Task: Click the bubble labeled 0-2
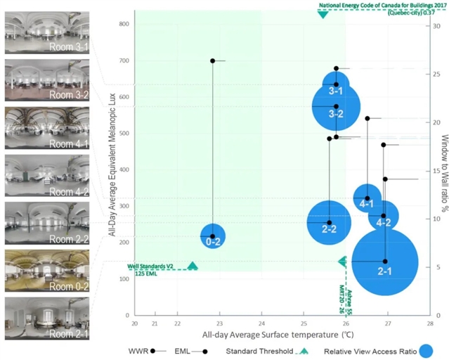click(213, 240)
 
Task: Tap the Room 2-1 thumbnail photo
click(47, 315)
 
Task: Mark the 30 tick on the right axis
click(436, 26)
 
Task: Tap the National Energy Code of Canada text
click(373, 5)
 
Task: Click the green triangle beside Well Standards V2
click(193, 266)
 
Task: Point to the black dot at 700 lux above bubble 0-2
click(213, 60)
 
